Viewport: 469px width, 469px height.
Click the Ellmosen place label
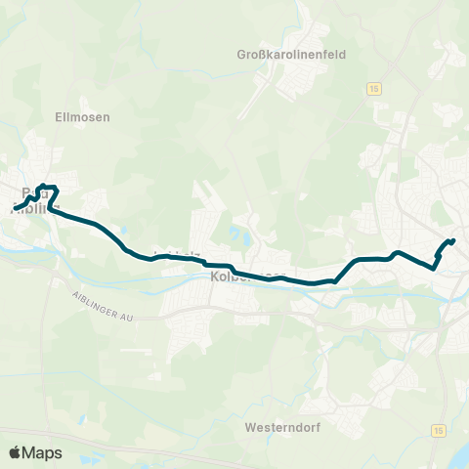(83, 116)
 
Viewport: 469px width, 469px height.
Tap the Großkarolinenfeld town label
(306, 55)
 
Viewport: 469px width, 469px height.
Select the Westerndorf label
(282, 427)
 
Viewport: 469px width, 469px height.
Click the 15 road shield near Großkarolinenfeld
(373, 88)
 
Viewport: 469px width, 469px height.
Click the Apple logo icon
(15, 452)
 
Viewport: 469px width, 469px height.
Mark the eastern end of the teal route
(454, 240)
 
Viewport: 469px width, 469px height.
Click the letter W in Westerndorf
(250, 427)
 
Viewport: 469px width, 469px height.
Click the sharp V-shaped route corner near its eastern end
(436, 263)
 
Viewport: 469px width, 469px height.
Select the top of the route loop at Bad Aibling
(47, 187)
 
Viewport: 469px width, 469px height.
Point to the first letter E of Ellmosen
(60, 116)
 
